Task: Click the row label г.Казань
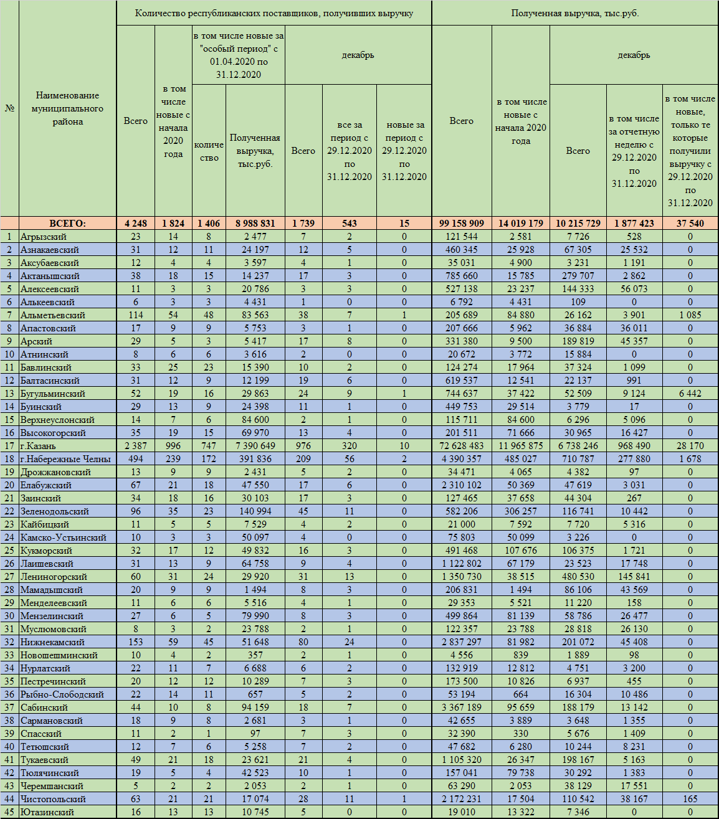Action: tap(38, 446)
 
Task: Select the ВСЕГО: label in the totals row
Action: tap(67, 223)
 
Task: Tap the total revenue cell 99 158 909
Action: tap(461, 223)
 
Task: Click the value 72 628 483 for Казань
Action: tap(461, 446)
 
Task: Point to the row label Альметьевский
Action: tap(52, 315)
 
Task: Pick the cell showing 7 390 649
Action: tap(255, 446)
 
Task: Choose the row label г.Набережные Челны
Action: tap(65, 459)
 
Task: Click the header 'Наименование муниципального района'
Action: tap(67, 108)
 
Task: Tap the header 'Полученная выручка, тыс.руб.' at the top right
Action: tap(574, 13)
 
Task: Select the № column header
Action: tap(10, 108)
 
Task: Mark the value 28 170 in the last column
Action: tap(690, 446)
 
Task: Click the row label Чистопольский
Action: tap(53, 799)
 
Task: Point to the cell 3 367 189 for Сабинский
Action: tap(461, 708)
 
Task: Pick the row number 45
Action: tap(9, 812)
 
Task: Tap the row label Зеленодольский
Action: tap(55, 511)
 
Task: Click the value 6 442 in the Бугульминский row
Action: tap(690, 394)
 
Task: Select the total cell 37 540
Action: tap(690, 223)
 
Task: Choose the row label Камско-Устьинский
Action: tap(63, 537)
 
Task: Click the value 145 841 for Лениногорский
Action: tap(634, 577)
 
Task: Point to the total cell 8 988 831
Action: tap(255, 223)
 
